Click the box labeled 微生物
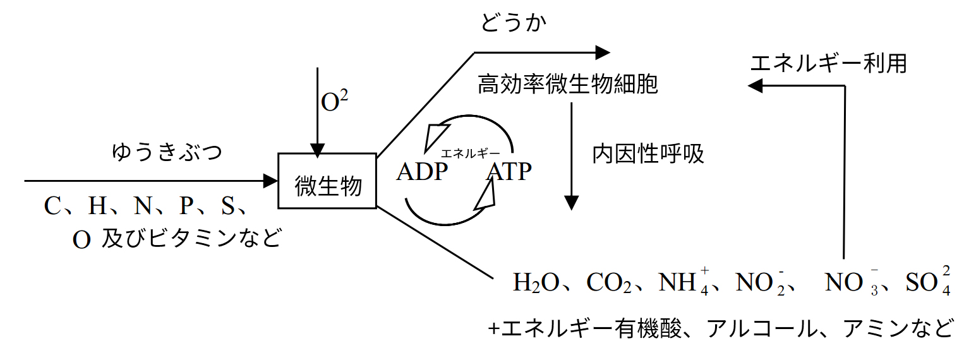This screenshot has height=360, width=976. [x=328, y=181]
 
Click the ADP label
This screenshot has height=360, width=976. [x=422, y=172]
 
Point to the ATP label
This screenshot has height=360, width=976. [x=509, y=172]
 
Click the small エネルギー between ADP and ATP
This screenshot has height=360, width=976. [x=470, y=153]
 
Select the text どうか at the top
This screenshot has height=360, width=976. [x=513, y=23]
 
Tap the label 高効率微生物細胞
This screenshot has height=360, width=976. [x=567, y=84]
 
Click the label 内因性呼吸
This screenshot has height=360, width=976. [x=648, y=154]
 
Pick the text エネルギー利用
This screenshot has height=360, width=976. [x=828, y=63]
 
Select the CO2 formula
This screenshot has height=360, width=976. [x=609, y=282]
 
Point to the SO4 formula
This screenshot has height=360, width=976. [x=928, y=282]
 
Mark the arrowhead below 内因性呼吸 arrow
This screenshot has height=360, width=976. [x=571, y=203]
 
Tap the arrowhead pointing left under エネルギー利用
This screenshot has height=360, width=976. [x=756, y=85]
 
